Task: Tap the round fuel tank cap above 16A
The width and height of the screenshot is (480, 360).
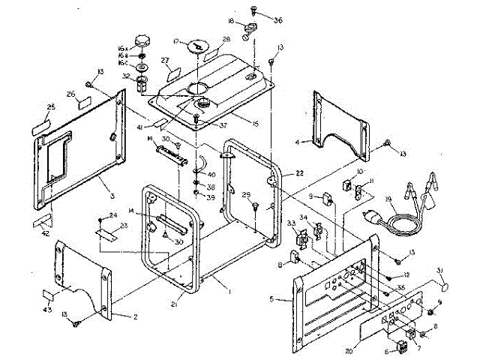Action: tap(142, 39)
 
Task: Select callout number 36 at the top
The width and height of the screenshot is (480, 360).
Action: tap(278, 19)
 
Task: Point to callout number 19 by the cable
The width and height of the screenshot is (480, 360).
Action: tap(388, 200)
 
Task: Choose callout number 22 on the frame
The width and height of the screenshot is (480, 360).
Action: tap(298, 173)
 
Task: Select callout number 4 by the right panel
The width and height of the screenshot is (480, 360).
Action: tap(298, 141)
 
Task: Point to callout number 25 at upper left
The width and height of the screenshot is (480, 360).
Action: tap(52, 108)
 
